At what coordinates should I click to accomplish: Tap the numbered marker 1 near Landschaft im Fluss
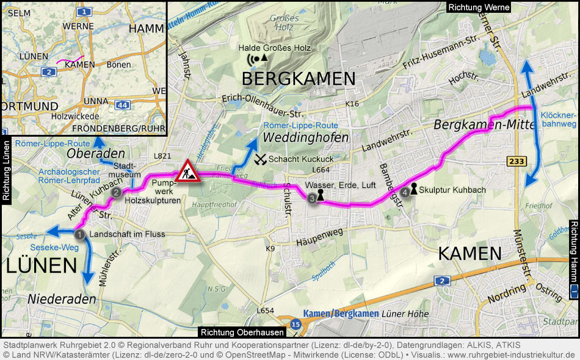point(79,234)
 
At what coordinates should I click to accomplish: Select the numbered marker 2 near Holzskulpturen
point(115,192)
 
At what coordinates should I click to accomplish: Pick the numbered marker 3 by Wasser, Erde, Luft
point(312,198)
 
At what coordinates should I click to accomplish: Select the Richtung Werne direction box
point(478,7)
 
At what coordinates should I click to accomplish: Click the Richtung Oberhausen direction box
point(242,333)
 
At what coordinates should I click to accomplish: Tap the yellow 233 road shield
point(516,160)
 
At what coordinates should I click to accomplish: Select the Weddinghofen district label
point(302,139)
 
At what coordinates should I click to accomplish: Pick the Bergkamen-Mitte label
point(476,125)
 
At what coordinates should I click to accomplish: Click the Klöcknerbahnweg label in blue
point(559,119)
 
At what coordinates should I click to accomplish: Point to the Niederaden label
point(62,299)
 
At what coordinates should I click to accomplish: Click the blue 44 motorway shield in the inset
point(122,105)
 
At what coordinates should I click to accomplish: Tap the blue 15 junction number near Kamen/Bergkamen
point(296,325)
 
